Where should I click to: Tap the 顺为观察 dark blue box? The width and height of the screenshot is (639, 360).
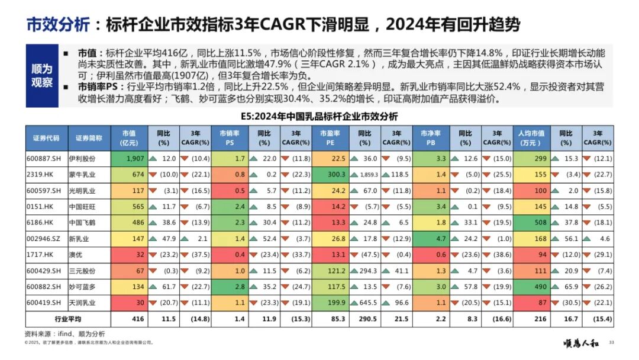[x=41, y=76]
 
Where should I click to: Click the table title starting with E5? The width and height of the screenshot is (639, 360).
[x=319, y=116]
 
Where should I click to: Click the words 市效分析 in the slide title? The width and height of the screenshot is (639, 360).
[x=57, y=25]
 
